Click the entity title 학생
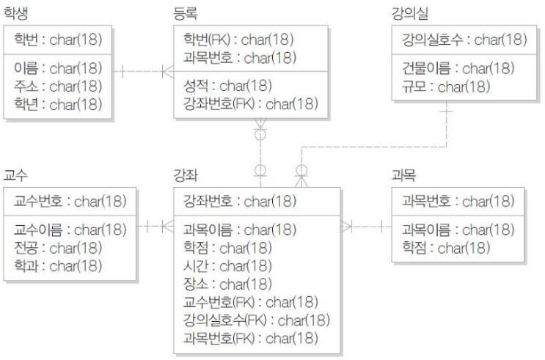coord(15,13)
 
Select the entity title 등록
coord(186,13)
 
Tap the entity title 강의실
coord(410,13)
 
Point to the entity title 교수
coord(15,175)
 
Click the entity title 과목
coord(403,175)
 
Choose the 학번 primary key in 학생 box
coord(58,40)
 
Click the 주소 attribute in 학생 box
coord(58,87)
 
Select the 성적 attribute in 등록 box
coord(227,86)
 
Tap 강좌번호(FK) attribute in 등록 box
coord(251,103)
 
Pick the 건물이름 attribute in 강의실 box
coord(458,68)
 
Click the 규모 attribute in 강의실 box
coord(446,87)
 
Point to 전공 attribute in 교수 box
coord(58,248)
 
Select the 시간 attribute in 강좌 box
coord(227,266)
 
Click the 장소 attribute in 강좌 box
coord(227,284)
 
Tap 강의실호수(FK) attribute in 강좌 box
coord(257,320)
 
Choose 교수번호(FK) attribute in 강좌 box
coord(251,302)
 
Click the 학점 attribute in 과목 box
coord(446,248)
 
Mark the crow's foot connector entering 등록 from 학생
coord(168,72)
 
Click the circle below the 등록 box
coord(260,134)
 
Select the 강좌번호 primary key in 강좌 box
coord(240,201)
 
